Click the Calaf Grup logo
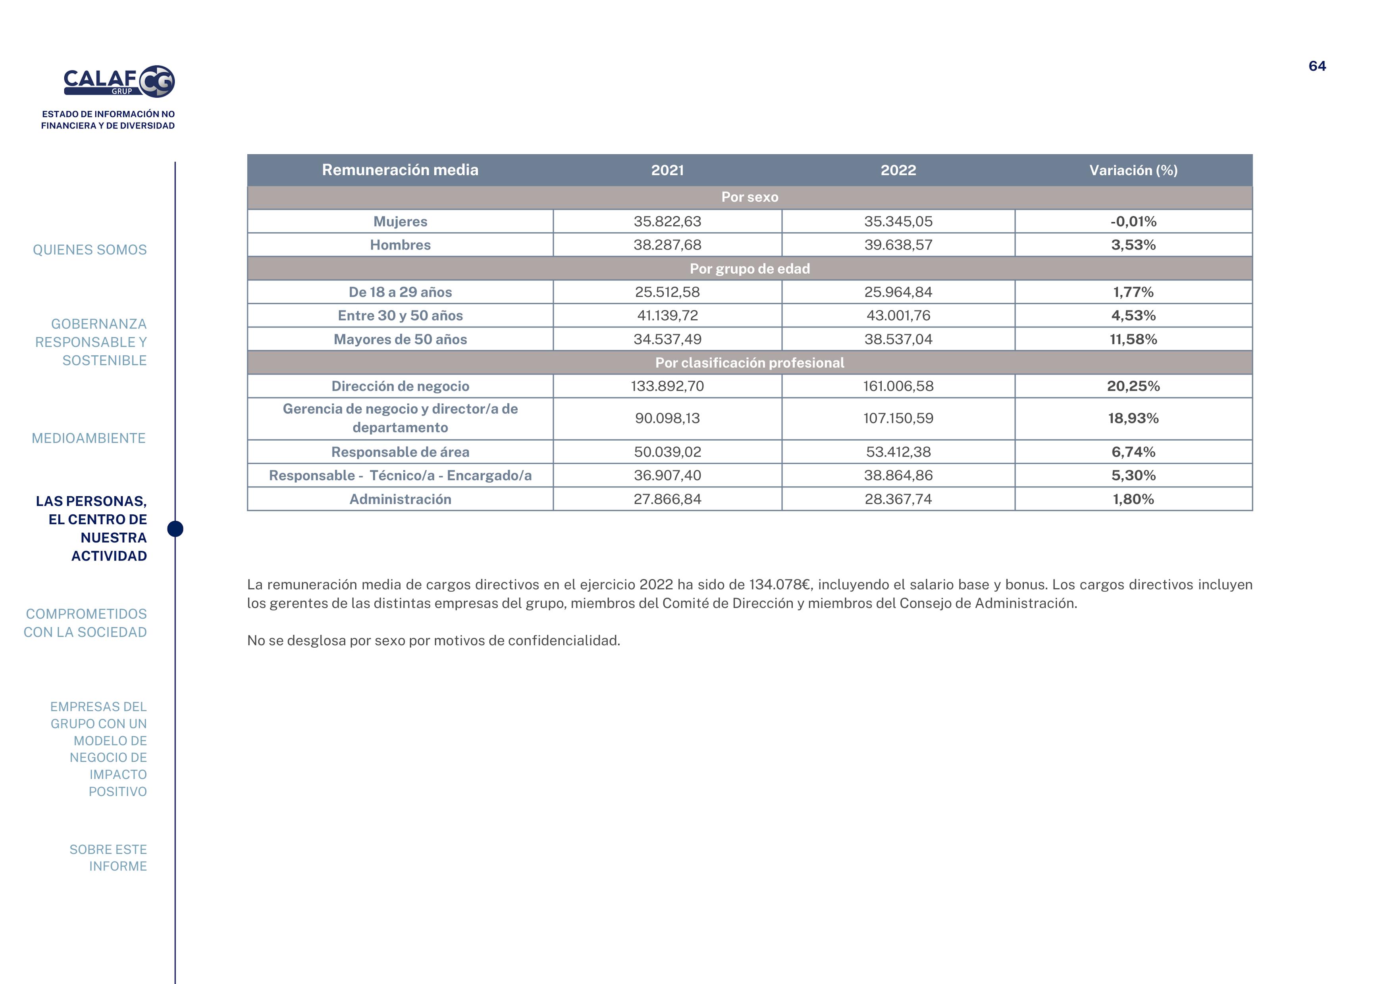(x=119, y=81)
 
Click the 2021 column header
(x=667, y=171)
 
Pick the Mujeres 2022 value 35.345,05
(x=898, y=221)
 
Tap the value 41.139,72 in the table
(x=667, y=315)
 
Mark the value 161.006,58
(x=898, y=386)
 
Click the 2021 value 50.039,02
(x=667, y=452)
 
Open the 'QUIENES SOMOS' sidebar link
(x=90, y=250)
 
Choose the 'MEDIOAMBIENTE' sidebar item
(x=89, y=438)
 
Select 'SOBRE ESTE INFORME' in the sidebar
(x=108, y=858)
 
